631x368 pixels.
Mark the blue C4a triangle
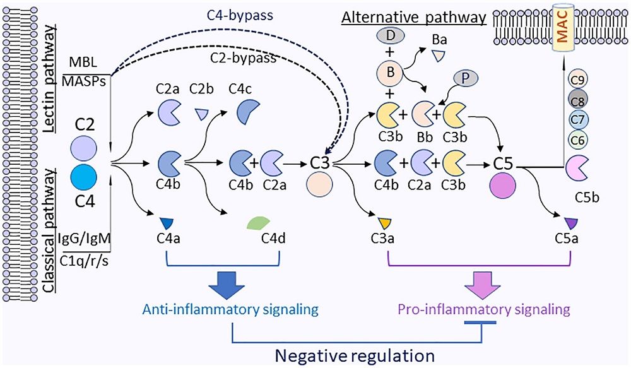[x=167, y=222]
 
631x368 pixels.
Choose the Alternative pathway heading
[x=413, y=18]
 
